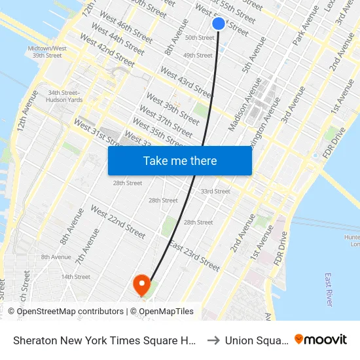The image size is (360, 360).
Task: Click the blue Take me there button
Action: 180,161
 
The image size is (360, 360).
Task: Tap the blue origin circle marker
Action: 219,24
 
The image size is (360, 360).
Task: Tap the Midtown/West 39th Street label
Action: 47,52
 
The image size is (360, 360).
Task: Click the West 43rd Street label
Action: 186,82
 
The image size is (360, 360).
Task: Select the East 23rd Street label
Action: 194,256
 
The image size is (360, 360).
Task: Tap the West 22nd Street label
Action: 118,222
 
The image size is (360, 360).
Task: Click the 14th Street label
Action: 76,277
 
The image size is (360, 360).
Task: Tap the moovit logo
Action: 321,340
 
